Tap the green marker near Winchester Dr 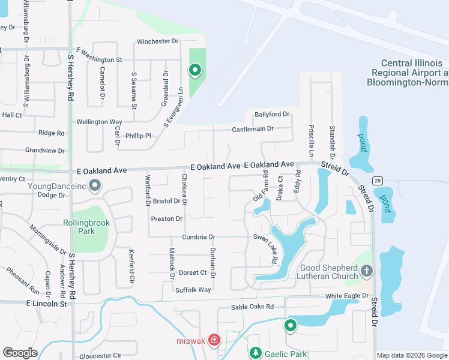point(195,71)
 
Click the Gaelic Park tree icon point(256,353)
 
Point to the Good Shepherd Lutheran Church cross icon point(367,271)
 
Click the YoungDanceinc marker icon point(94,186)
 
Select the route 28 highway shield point(377,180)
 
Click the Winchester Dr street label point(158,41)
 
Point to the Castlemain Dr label point(253,129)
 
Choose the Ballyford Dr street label point(272,114)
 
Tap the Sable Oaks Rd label point(252,307)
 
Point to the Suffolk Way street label point(193,290)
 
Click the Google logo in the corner point(20,353)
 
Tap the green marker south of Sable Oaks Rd point(290,325)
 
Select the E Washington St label point(99,59)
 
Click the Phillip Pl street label point(138,136)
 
